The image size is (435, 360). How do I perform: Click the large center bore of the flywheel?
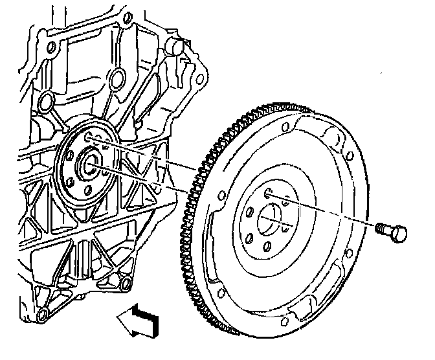click(272, 221)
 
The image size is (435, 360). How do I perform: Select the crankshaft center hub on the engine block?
click(88, 165)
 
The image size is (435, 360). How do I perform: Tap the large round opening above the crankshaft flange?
click(117, 80)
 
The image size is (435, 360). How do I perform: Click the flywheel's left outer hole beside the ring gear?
click(222, 195)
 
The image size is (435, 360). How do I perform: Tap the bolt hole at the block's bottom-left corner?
click(43, 315)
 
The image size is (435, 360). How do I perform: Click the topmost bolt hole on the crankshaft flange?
click(87, 137)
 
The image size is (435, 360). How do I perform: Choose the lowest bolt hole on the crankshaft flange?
click(87, 190)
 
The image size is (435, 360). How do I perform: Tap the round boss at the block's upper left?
click(45, 102)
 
